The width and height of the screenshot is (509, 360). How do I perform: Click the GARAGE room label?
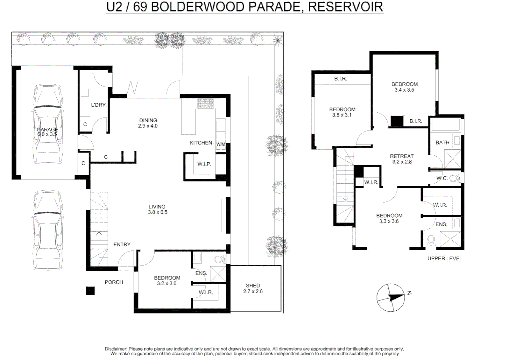point(47,129)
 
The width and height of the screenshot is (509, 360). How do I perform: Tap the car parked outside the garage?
point(48,230)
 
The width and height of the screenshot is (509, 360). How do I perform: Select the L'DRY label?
point(98,105)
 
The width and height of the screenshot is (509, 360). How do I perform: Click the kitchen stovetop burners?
point(206,104)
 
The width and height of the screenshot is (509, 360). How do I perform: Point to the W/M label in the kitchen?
point(221,144)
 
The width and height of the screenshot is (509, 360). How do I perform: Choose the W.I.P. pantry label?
point(204,164)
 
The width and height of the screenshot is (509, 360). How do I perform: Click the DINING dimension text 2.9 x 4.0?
point(148,126)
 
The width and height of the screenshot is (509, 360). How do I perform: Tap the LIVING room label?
point(157,207)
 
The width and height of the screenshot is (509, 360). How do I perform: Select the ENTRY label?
point(122,244)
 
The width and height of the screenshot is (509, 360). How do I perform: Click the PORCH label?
point(114,282)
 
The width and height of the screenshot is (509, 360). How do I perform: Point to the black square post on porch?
point(90,291)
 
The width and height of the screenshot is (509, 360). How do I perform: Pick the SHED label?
point(253,285)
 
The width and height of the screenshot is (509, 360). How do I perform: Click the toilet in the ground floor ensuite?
point(219,259)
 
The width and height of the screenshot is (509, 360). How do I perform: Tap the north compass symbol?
point(391,297)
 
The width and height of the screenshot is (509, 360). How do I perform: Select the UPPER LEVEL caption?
point(445,258)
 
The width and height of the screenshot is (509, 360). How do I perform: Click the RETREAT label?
point(402,156)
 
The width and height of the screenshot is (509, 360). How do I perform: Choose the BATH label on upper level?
point(442,142)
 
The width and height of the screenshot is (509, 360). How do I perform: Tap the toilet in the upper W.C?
point(454,178)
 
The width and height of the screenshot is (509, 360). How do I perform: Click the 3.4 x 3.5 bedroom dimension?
point(404,90)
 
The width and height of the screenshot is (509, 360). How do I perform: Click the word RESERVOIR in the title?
point(345,7)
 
